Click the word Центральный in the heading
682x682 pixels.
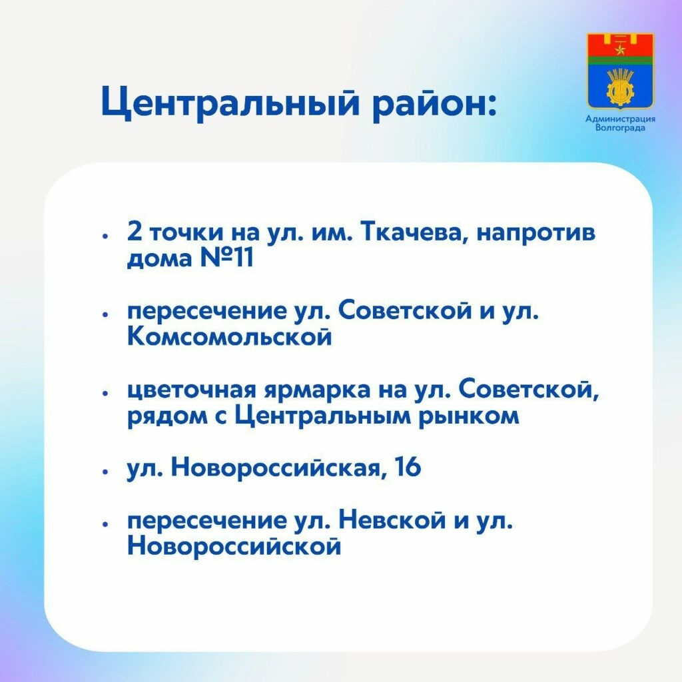pos(230,103)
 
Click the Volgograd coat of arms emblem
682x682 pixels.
pos(620,71)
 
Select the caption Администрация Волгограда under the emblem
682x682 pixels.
pos(620,123)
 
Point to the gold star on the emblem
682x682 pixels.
pos(620,49)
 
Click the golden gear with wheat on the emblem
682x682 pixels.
pos(620,86)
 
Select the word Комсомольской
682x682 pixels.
pos(230,336)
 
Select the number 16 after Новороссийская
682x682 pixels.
pos(408,468)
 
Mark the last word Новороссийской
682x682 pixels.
pos(234,546)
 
